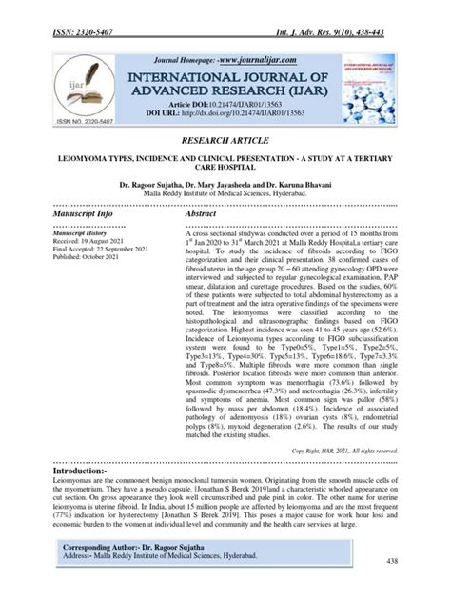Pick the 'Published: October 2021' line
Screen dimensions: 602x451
click(88, 261)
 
